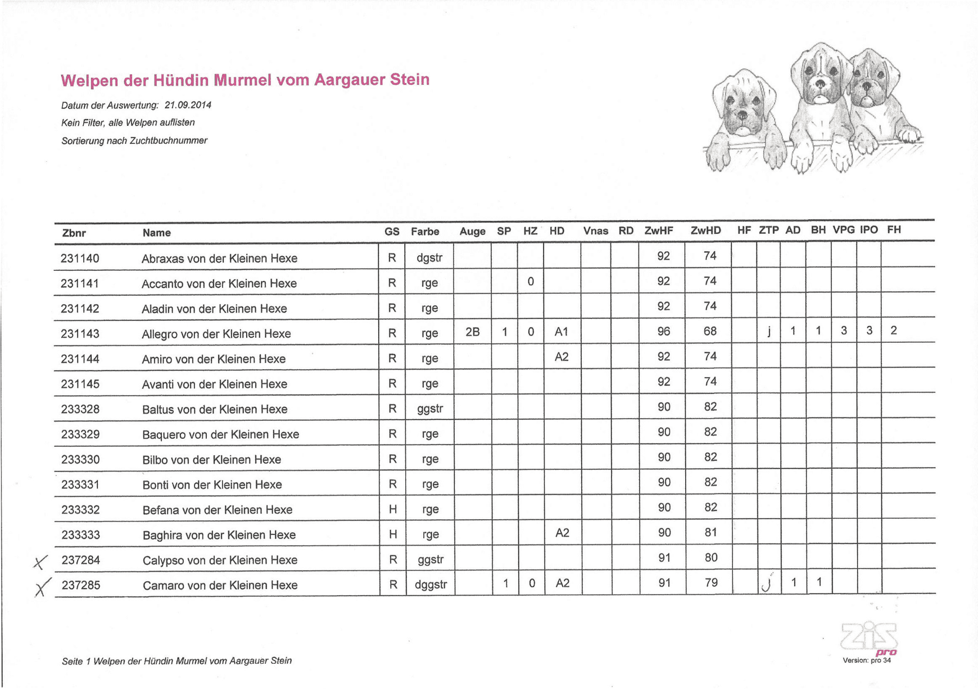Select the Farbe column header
coord(425,232)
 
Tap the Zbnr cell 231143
coord(80,334)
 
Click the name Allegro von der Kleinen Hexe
coord(216,334)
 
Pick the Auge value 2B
coord(472,332)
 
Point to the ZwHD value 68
coord(710,331)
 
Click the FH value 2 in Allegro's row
coord(893,330)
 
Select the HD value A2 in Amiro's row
coord(562,356)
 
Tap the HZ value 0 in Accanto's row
coord(531,282)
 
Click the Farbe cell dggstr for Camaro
coord(431,584)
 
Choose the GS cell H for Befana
coord(393,509)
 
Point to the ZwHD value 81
coord(710,532)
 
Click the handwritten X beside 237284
coord(40,561)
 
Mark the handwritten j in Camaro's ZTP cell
coord(767,583)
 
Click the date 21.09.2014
coord(188,105)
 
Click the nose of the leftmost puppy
coord(742,116)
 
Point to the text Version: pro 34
coord(866,660)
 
